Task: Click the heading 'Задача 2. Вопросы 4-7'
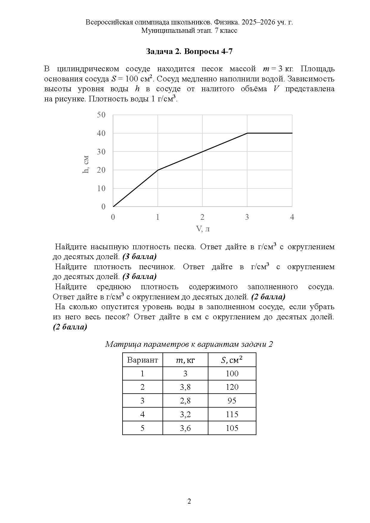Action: [x=189, y=52]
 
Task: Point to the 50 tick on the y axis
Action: [x=101, y=115]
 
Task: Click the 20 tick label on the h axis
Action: [x=101, y=170]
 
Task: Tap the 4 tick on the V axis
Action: [x=292, y=217]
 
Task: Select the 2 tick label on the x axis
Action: [x=202, y=217]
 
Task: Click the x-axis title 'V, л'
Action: [x=202, y=229]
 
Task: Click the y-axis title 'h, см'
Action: [x=86, y=164]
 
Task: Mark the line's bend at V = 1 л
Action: [x=158, y=170]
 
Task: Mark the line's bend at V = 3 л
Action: [x=247, y=133]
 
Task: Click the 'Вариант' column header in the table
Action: [x=143, y=360]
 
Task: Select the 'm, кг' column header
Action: [x=185, y=360]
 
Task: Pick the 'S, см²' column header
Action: [x=232, y=360]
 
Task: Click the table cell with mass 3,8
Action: [x=185, y=387]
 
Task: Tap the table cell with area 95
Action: [x=232, y=401]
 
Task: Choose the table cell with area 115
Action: [x=232, y=414]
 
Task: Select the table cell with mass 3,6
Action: [x=185, y=428]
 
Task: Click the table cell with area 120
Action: [x=232, y=387]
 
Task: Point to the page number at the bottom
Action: [x=189, y=501]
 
